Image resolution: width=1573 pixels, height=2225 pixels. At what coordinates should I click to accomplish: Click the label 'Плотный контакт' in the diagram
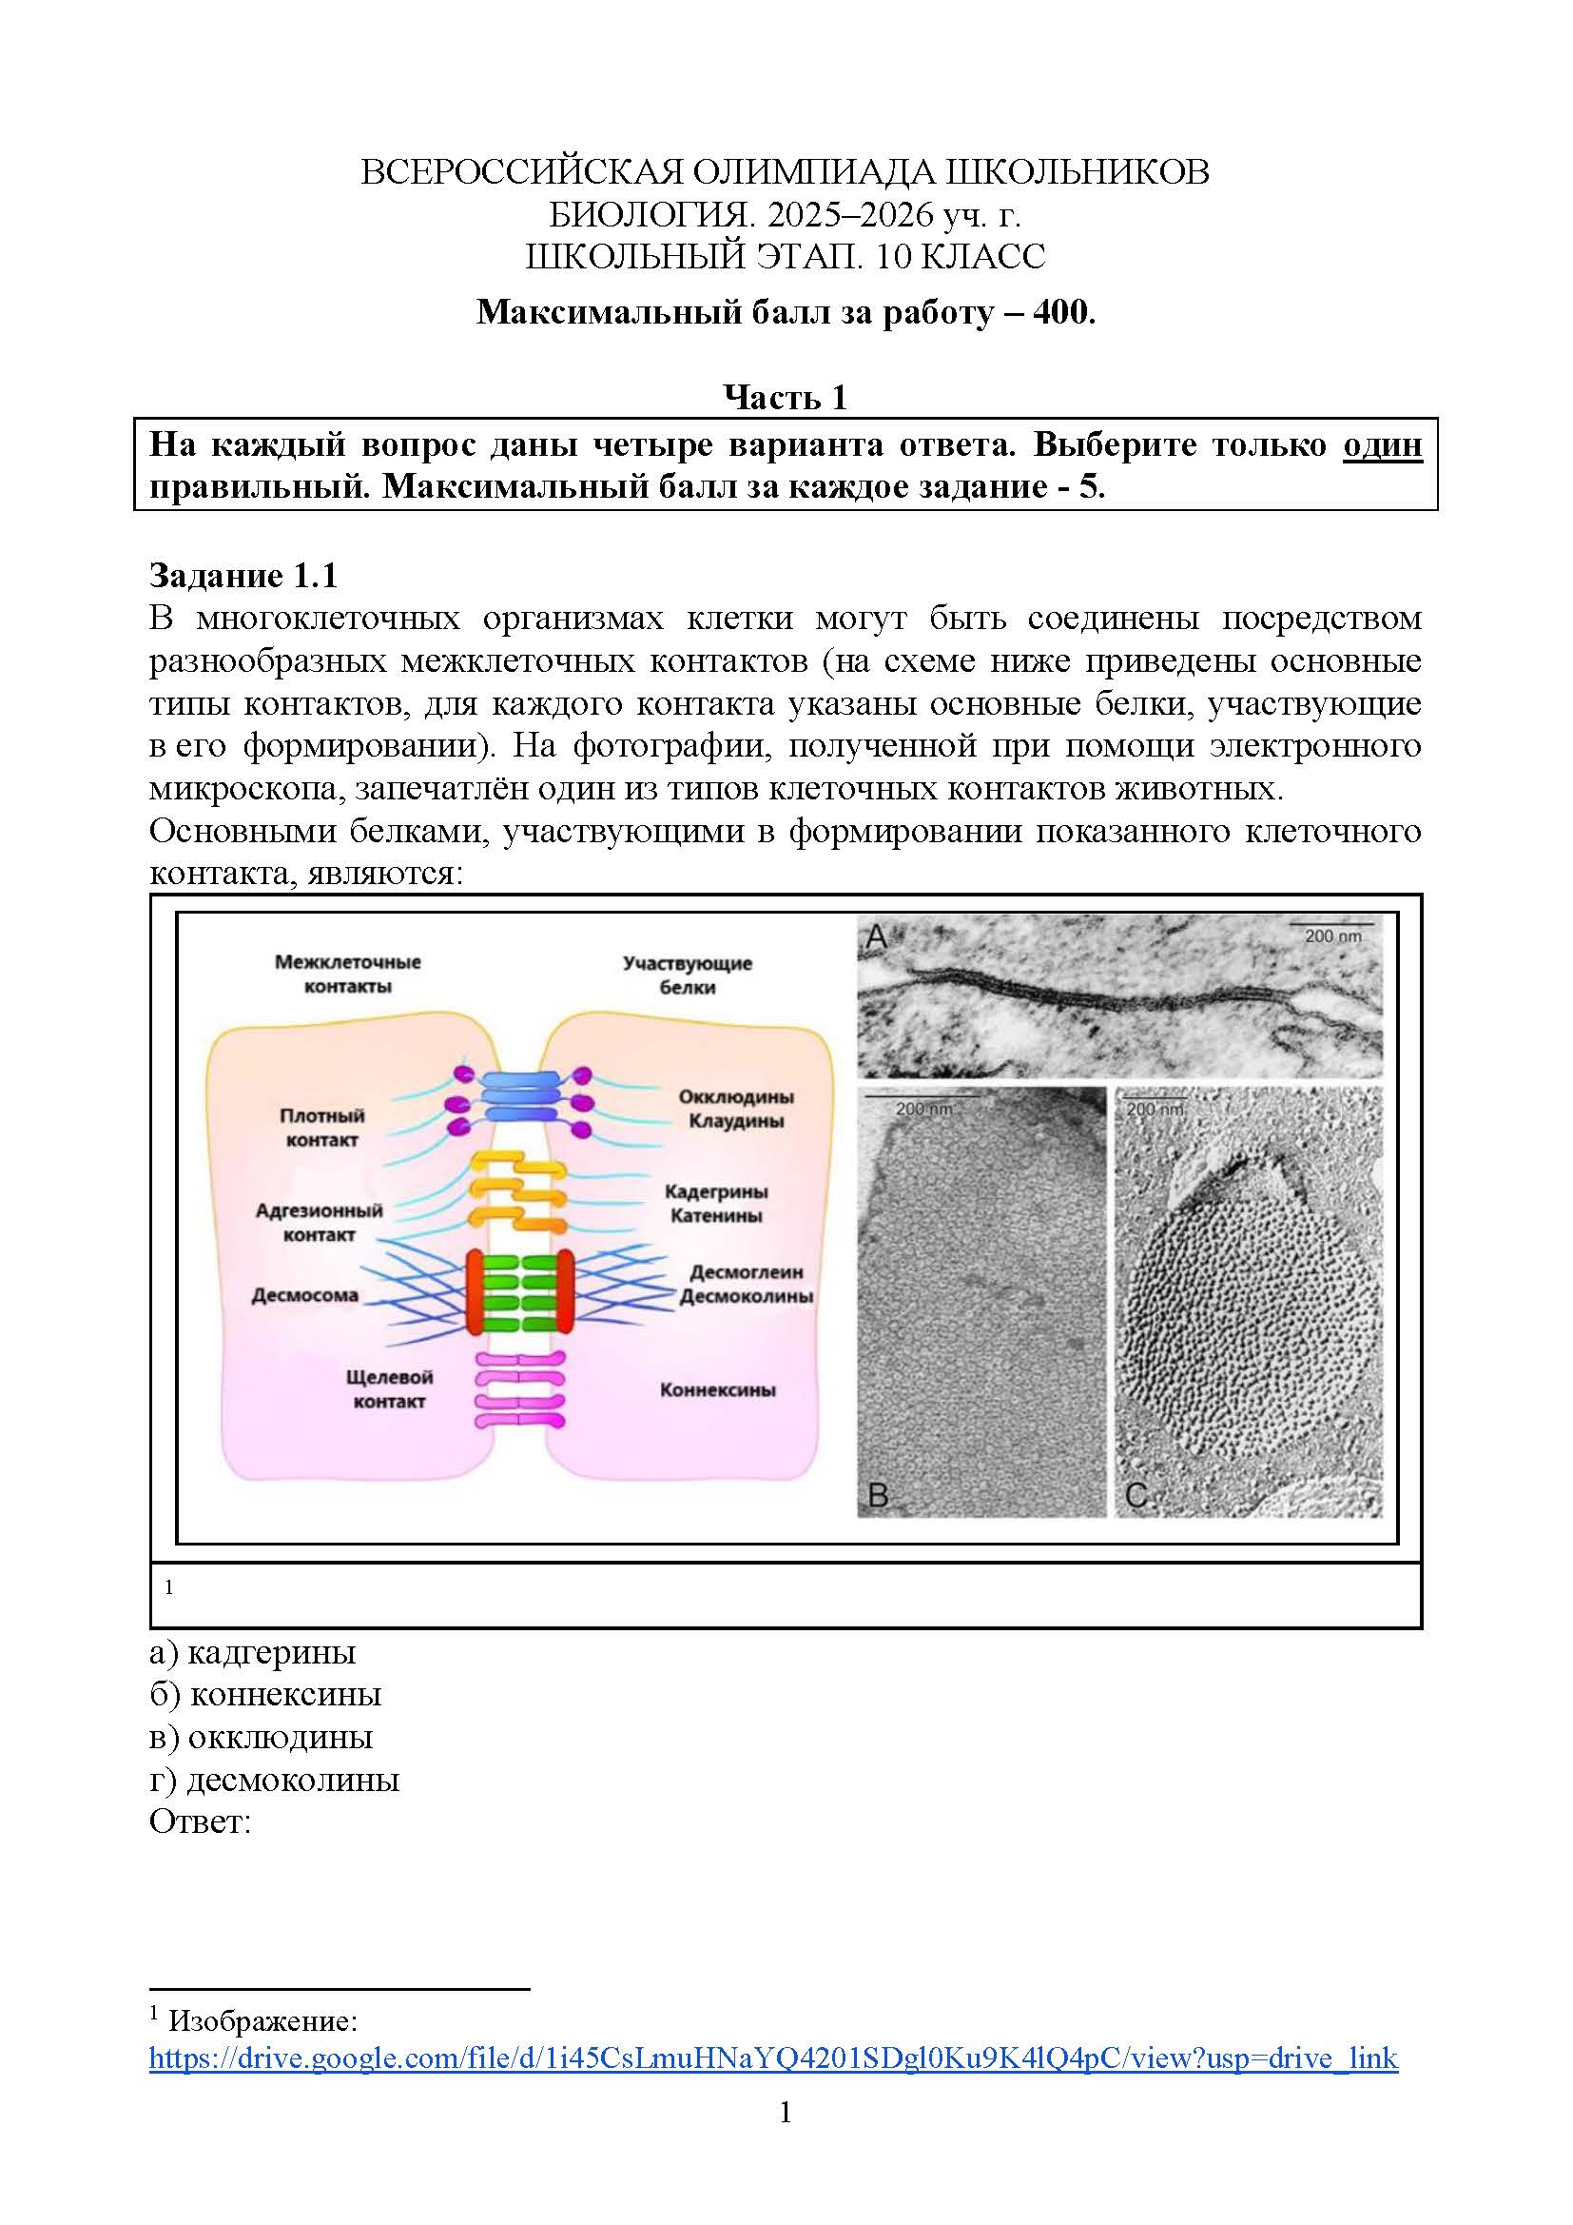(321, 1127)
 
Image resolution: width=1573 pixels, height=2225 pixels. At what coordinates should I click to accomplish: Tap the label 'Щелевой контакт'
(388, 1388)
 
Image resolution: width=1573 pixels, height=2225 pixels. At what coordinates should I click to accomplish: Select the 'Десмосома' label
(304, 1294)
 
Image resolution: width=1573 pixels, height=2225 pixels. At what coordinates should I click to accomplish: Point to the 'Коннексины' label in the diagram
(717, 1389)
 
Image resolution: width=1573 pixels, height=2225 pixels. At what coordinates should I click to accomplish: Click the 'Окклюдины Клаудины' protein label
(735, 1109)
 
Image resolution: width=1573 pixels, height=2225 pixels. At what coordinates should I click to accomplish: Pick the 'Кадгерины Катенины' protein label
(716, 1203)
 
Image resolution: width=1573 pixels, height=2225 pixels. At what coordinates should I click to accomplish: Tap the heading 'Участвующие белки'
(687, 975)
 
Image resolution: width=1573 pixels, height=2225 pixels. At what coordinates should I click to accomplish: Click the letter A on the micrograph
(877, 938)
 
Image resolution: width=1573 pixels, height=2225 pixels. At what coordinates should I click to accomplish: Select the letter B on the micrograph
(878, 1495)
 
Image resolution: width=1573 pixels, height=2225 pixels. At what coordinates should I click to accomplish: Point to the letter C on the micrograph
(1136, 1495)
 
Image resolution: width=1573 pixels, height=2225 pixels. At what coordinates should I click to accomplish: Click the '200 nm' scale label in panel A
(1332, 936)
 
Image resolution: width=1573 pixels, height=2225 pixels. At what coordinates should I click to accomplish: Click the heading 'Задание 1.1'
(243, 576)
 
